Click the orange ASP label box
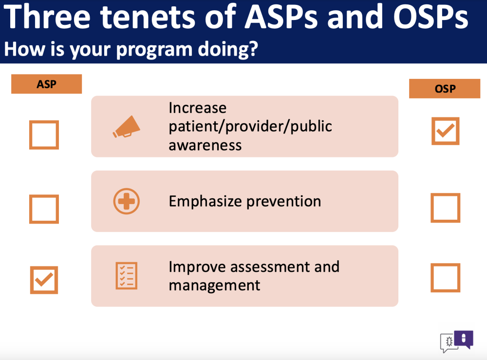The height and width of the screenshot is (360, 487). point(47,84)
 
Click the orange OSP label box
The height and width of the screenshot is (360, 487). point(445,89)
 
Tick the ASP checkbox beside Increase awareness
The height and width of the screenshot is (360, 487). point(44,135)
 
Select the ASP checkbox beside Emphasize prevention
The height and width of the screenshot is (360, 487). point(44,209)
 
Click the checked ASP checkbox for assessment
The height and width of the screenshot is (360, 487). point(44,280)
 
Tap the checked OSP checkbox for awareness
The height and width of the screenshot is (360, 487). point(446,131)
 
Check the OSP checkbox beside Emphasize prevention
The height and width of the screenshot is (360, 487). point(446,208)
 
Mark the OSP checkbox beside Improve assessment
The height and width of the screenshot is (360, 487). point(446,278)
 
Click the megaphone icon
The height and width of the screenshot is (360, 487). point(126,127)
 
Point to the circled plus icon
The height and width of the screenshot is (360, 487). point(127,201)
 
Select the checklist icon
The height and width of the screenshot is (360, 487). point(127,276)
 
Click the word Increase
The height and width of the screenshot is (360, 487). point(198,108)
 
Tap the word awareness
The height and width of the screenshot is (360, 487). point(205,145)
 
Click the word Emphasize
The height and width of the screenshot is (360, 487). point(206,201)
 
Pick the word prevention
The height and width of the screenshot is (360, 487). point(284,202)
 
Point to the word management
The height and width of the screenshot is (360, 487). point(214,285)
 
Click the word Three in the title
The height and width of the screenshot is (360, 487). point(47,17)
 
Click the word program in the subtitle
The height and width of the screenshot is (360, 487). point(154,50)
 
